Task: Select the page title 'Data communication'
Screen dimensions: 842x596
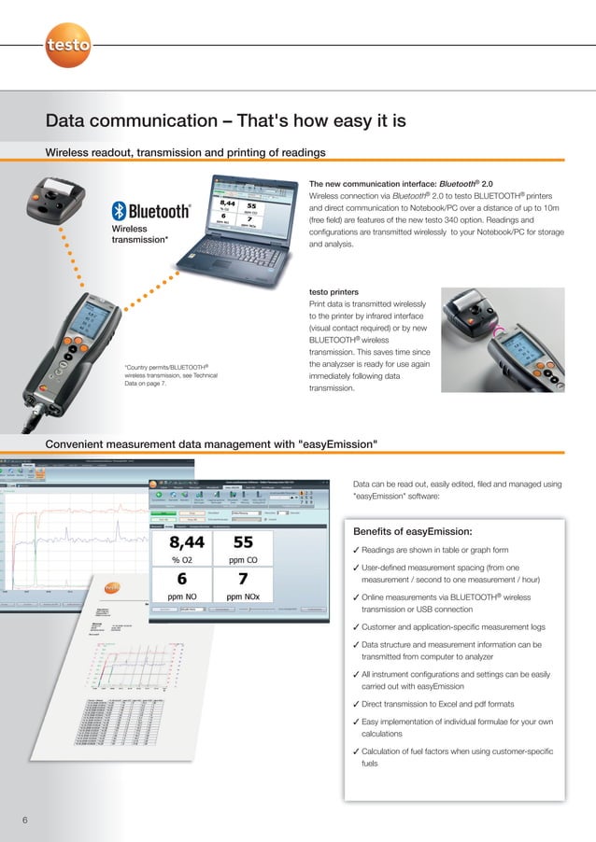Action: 226,121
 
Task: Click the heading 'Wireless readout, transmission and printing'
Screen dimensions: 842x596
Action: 186,152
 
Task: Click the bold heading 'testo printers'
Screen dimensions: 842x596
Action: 333,292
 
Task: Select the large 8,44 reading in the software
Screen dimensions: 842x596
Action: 189,542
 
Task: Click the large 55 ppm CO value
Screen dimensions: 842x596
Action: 242,542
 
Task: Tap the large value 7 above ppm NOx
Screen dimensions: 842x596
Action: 242,578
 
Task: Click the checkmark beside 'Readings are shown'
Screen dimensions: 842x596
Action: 357,550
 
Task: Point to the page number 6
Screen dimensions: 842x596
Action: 25,820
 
